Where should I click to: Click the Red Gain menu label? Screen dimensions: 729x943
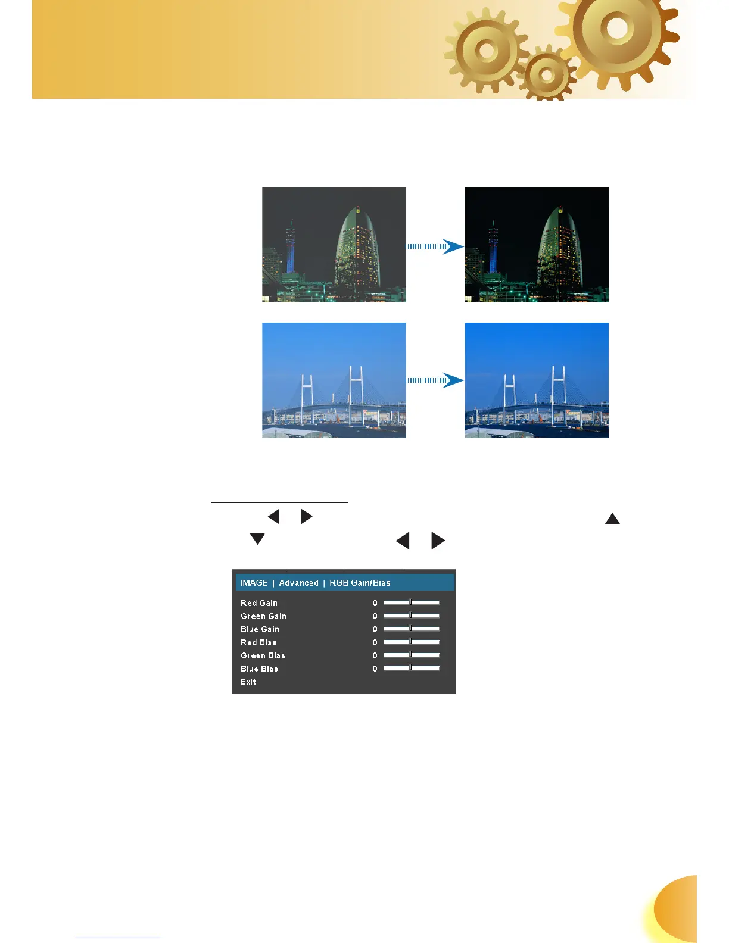point(259,603)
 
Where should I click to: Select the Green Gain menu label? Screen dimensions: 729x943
point(263,616)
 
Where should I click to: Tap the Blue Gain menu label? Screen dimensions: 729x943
point(260,629)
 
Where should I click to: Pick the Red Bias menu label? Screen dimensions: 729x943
point(258,642)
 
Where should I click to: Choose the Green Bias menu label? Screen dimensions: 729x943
point(263,655)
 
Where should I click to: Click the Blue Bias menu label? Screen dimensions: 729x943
point(259,669)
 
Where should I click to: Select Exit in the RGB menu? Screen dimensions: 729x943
point(248,682)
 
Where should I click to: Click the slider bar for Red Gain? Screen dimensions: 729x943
point(412,602)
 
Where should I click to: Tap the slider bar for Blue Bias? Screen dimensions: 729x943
point(412,668)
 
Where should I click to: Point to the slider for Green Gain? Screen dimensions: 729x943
point(412,616)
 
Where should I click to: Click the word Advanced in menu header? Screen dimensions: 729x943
point(298,583)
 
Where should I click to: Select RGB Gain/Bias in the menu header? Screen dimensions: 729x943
point(360,583)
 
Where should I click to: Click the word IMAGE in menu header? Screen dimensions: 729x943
point(254,583)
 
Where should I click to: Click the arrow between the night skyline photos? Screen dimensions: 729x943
point(435,246)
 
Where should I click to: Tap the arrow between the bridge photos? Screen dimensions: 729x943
point(435,380)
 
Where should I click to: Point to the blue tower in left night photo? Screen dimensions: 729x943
point(291,250)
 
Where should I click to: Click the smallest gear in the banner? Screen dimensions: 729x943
point(546,75)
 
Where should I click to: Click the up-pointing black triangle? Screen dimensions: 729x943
point(612,519)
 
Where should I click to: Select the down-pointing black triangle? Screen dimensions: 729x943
point(257,539)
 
